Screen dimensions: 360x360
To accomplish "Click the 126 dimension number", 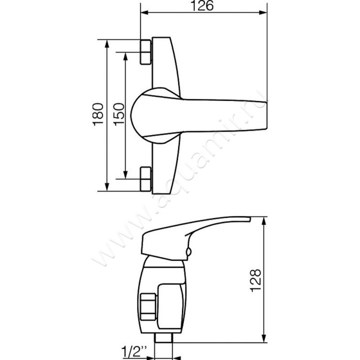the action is pyautogui.click(x=202, y=5).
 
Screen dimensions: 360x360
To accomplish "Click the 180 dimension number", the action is pyautogui.click(x=98, y=114).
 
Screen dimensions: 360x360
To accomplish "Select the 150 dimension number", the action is pyautogui.click(x=119, y=114).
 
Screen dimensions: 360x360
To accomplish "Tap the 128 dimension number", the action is pyautogui.click(x=256, y=280).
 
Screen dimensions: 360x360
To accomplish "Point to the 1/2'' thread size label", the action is pyautogui.click(x=134, y=351).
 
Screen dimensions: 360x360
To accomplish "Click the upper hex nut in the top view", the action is pyautogui.click(x=146, y=52).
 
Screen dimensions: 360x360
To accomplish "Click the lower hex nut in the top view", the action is pyautogui.click(x=146, y=179).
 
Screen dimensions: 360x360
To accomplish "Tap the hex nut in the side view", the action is pyautogui.click(x=148, y=306).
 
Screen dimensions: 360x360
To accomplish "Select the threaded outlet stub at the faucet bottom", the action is pyautogui.click(x=164, y=338).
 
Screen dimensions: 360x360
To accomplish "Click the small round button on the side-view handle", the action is pyautogui.click(x=188, y=252).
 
